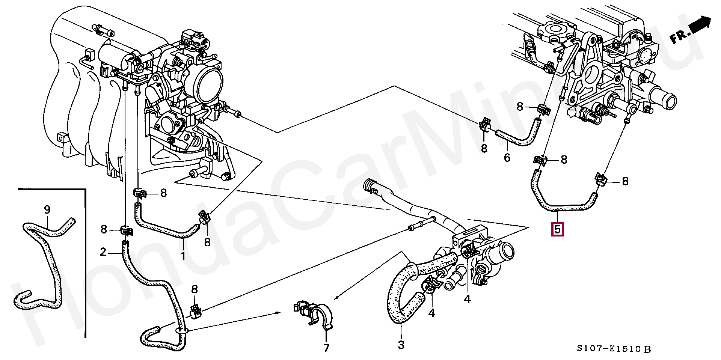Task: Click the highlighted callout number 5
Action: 557,229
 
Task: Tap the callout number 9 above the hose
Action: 47,209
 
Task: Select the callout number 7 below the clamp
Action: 326,348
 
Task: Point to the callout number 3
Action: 401,344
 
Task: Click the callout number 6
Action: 507,157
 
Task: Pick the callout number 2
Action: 103,252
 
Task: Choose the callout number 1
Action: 183,256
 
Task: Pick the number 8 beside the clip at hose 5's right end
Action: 625,181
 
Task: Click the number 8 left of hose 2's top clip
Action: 104,229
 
